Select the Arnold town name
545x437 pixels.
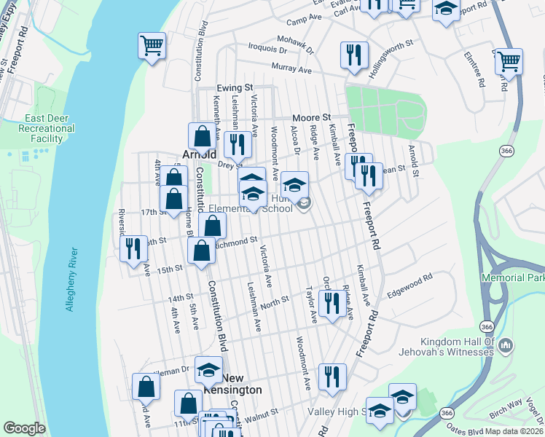(198, 154)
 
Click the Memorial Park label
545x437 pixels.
(513, 278)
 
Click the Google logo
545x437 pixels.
(24, 429)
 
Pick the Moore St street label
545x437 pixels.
(311, 117)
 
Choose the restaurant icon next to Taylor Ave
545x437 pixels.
(332, 302)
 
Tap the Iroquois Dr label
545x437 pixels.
(267, 50)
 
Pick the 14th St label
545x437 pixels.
(179, 299)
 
